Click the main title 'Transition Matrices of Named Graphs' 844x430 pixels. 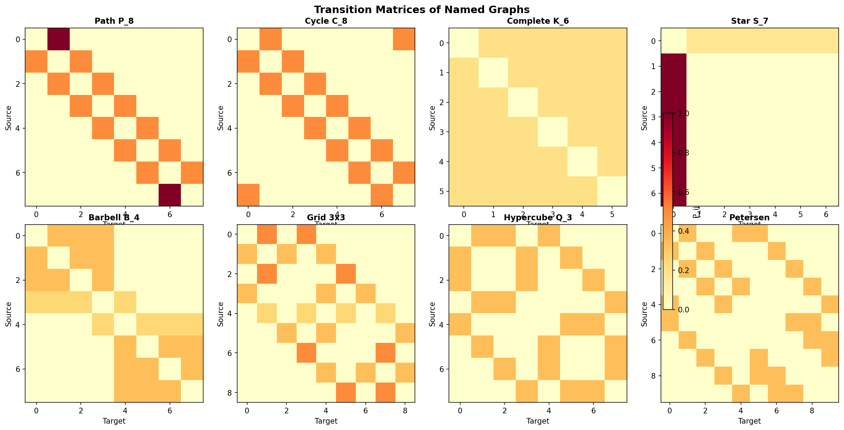(x=422, y=10)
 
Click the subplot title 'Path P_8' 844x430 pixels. (x=114, y=21)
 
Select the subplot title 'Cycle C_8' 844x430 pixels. (x=326, y=21)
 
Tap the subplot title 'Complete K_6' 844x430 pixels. (x=538, y=21)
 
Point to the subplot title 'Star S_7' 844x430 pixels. (x=749, y=21)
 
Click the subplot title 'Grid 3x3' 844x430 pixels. (x=326, y=218)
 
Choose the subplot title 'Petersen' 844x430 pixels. (x=749, y=218)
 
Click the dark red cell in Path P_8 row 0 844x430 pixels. (x=58, y=39)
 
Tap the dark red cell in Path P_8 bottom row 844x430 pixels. (x=170, y=195)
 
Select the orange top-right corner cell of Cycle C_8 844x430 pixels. (x=404, y=39)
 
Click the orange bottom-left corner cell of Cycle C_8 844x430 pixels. (x=248, y=195)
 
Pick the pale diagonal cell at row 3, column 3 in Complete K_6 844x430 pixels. (x=553, y=132)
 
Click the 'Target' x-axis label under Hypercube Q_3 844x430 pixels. (x=538, y=421)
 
